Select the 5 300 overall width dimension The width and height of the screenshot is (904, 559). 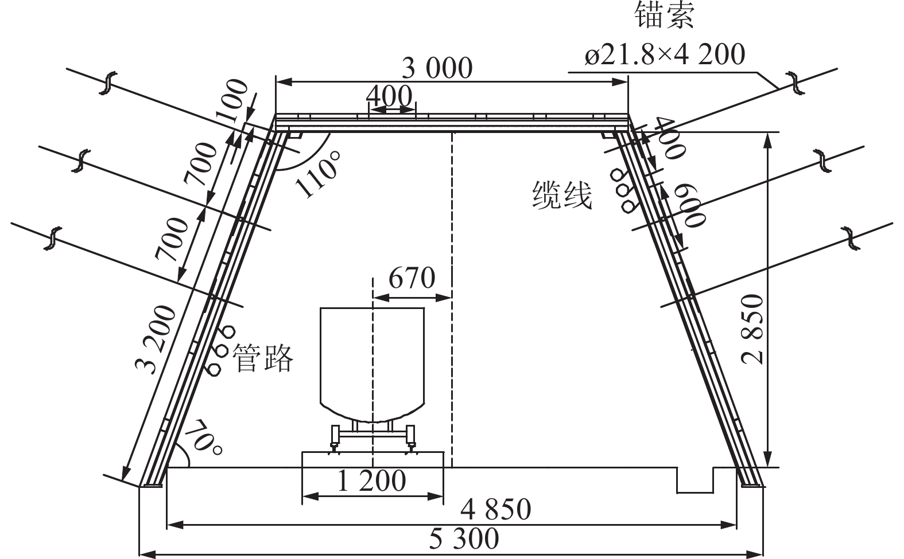[464, 538]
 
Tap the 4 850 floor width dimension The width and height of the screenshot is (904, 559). [495, 510]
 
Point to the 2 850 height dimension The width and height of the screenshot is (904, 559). [753, 329]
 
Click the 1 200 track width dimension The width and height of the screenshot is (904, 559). [371, 480]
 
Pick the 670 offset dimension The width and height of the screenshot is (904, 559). [412, 277]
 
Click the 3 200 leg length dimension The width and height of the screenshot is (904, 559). [156, 340]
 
